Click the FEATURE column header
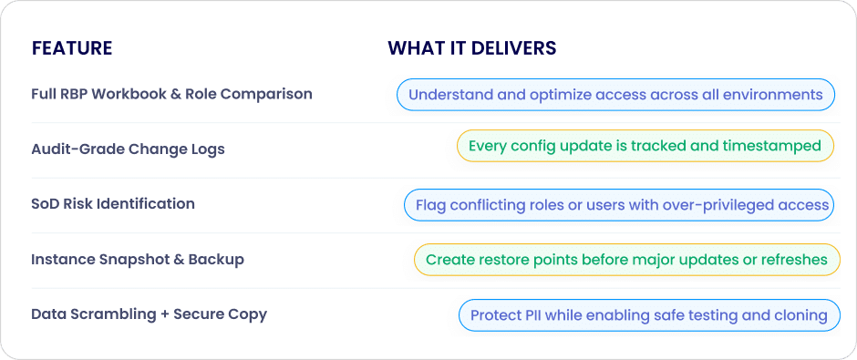coord(72,48)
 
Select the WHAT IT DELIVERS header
coord(472,48)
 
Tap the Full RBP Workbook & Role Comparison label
coord(171,94)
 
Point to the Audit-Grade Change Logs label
coord(128,149)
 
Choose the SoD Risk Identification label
coord(113,204)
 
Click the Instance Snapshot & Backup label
coord(138,259)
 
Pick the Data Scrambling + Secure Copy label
coord(150,314)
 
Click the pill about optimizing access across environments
coord(615,95)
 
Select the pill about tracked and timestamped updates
coord(645,146)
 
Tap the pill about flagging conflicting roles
coord(619,205)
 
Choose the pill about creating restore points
coord(627,260)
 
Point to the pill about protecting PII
coord(649,315)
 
